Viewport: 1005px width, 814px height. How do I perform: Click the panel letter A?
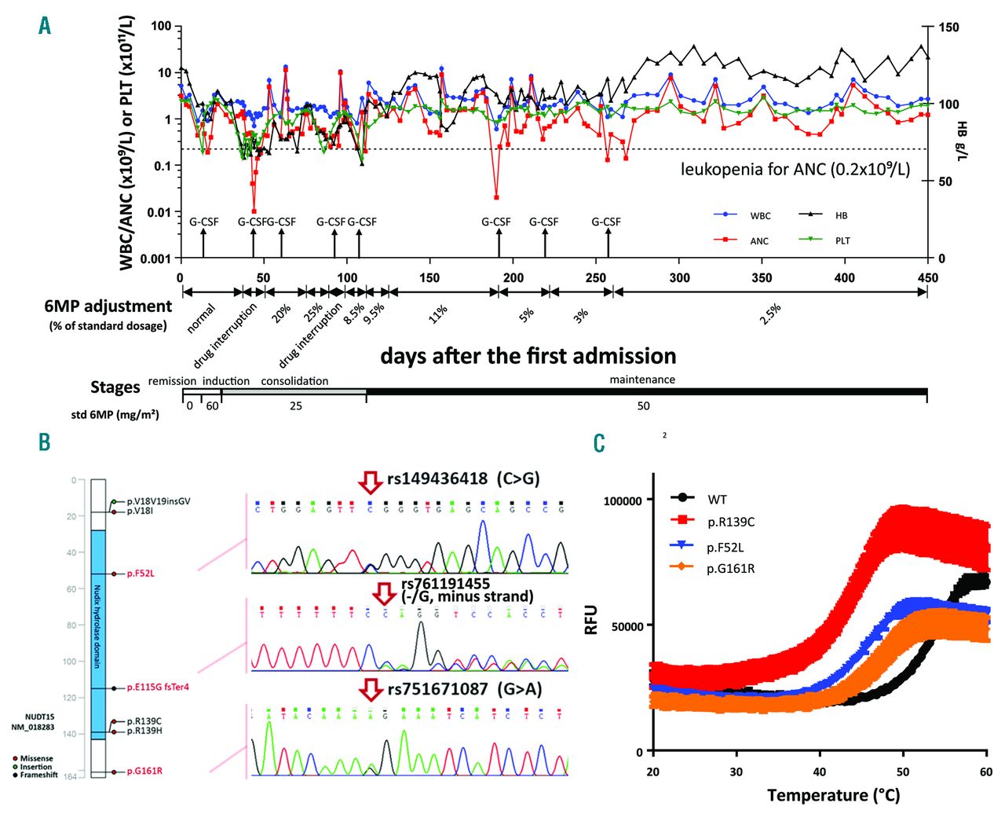[x=45, y=26]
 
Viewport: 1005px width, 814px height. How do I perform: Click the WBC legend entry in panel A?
[x=759, y=215]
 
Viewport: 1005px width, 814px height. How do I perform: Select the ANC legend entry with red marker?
[x=758, y=241]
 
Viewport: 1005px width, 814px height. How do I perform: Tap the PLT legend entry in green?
[x=842, y=241]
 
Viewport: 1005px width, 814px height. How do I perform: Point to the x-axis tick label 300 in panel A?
[x=679, y=277]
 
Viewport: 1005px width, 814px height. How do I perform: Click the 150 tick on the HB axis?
[x=948, y=27]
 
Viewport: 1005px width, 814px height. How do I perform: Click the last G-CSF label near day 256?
[x=606, y=222]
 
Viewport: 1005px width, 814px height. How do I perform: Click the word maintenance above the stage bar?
[x=642, y=379]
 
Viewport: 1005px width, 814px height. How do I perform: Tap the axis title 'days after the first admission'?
[x=528, y=356]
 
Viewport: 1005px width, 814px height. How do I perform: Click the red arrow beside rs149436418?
[x=370, y=481]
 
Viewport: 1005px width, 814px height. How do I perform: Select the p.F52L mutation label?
[x=141, y=574]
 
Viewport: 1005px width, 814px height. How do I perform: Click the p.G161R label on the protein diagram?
[x=144, y=771]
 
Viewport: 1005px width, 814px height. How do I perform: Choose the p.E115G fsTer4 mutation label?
[x=158, y=687]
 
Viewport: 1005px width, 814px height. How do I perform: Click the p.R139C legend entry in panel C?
[x=730, y=522]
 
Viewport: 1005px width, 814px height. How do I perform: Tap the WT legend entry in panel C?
[x=717, y=499]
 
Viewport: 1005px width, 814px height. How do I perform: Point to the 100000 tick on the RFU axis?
[x=623, y=500]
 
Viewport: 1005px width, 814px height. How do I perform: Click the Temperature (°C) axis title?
[x=833, y=795]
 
